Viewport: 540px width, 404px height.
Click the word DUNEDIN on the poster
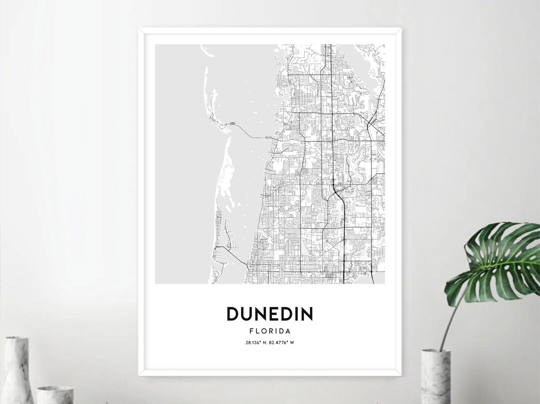269,314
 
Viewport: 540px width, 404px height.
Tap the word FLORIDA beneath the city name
269,331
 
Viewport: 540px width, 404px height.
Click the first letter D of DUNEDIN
233,314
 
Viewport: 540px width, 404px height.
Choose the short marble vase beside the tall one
55,395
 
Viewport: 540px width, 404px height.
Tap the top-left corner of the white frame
140,30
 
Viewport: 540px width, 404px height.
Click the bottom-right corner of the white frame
399,374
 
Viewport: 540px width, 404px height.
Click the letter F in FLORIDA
250,331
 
